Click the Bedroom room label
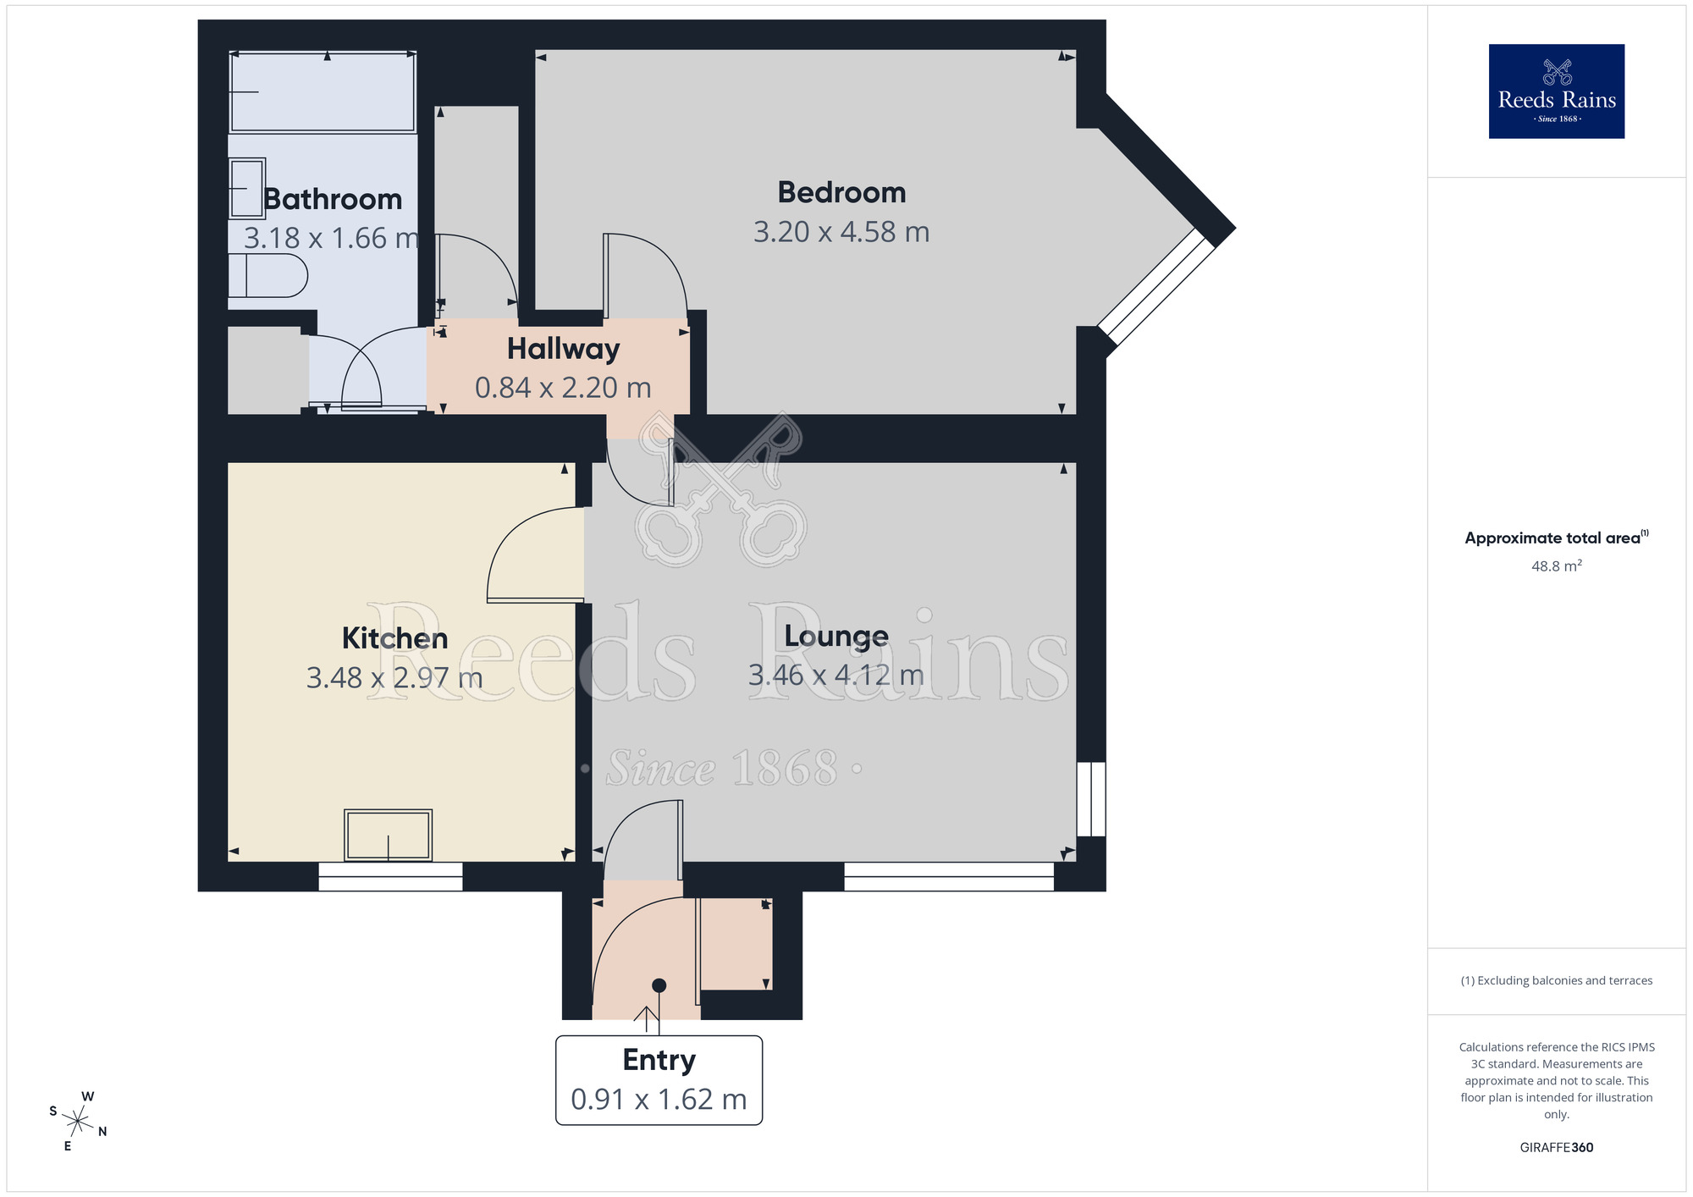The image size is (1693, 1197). tap(841, 193)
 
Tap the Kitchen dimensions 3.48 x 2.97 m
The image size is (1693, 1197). tap(394, 678)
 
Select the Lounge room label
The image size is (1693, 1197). tap(836, 636)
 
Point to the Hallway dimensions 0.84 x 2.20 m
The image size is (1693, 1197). tap(563, 388)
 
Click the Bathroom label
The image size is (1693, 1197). tap(333, 199)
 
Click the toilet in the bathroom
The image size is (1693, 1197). tap(267, 276)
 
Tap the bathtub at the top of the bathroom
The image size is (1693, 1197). tap(323, 91)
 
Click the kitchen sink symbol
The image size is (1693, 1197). tap(388, 835)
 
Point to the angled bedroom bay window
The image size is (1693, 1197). tap(1155, 287)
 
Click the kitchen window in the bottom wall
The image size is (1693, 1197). tap(390, 876)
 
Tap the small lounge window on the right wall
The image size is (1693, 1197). tap(1091, 799)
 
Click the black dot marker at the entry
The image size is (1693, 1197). tap(659, 985)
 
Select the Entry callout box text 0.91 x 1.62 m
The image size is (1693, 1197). tap(659, 1100)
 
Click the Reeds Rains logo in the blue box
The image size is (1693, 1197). tap(1556, 91)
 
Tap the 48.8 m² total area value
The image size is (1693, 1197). tap(1556, 566)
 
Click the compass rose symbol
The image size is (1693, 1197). tap(78, 1123)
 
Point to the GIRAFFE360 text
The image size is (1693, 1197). tap(1556, 1148)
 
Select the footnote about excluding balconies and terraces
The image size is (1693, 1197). tap(1556, 981)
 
